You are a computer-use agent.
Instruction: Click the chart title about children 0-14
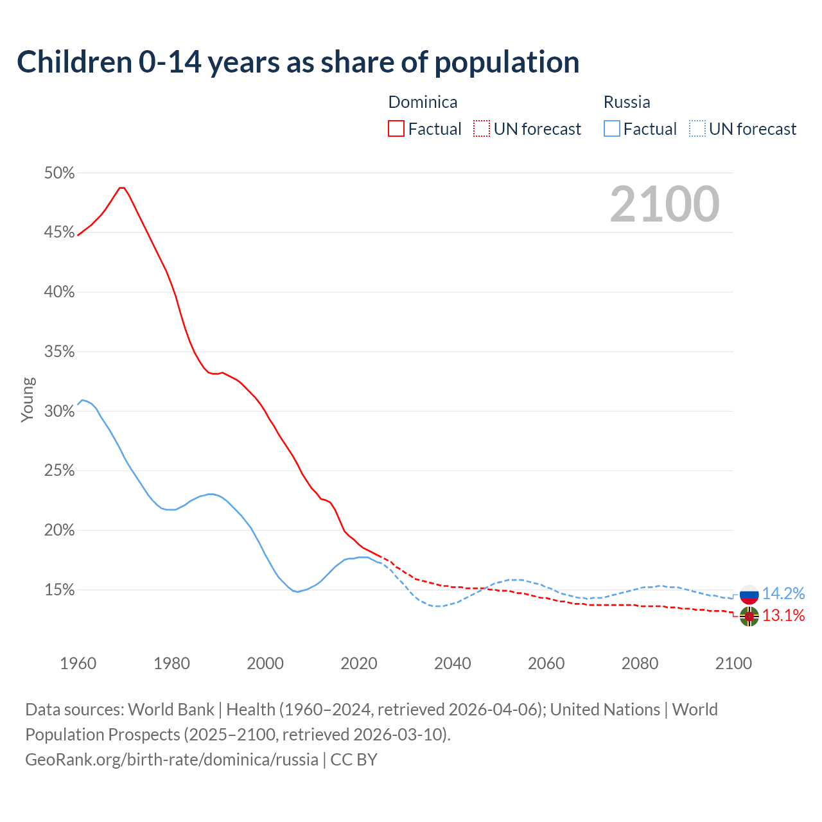(298, 62)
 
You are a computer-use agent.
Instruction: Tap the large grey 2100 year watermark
(665, 204)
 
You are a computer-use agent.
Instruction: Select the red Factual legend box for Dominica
(396, 129)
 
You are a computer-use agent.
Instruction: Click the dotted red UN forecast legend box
(482, 129)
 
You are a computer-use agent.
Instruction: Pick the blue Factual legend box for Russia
(612, 129)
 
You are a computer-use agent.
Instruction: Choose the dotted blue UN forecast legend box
(697, 129)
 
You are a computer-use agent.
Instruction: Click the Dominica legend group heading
(423, 102)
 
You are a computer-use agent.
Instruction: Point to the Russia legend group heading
(627, 102)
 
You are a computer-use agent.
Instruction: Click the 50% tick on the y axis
(59, 173)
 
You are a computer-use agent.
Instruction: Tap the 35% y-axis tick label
(59, 352)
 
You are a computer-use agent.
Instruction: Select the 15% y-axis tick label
(59, 590)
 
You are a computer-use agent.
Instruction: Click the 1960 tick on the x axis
(78, 663)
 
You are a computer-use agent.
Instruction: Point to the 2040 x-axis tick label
(453, 663)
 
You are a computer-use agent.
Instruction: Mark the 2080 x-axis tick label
(640, 663)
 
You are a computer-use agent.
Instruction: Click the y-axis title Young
(28, 399)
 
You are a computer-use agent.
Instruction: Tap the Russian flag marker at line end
(749, 594)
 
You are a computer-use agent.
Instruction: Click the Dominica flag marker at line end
(749, 616)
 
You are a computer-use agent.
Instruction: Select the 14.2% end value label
(783, 593)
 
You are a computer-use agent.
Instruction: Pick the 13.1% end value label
(783, 616)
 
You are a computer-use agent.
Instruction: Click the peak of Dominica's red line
(121, 188)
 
